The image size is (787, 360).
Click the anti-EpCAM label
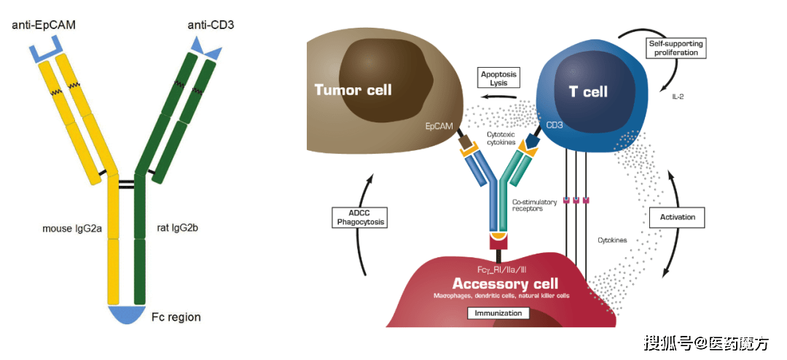click(43, 25)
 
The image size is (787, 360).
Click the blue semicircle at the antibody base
click(127, 313)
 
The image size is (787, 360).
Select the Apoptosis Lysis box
click(498, 77)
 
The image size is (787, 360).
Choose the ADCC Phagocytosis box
click(359, 216)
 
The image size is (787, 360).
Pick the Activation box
click(677, 217)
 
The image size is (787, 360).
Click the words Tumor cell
click(353, 90)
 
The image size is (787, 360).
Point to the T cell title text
click(588, 92)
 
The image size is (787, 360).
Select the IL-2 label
click(678, 96)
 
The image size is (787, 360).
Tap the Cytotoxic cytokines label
click(501, 138)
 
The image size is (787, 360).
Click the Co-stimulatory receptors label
click(534, 206)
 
